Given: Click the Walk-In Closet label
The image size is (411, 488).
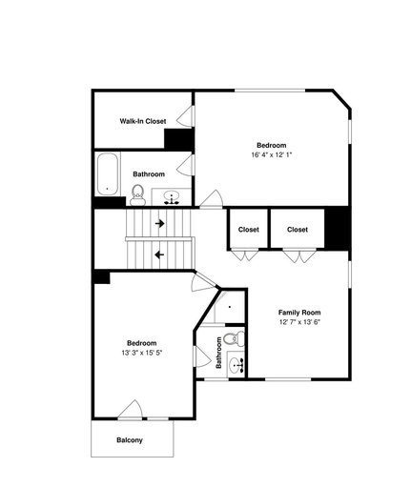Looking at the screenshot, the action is click(143, 121).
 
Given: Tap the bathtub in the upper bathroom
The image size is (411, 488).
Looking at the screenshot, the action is click(108, 174).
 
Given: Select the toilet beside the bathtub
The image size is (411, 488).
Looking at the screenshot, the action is click(137, 195).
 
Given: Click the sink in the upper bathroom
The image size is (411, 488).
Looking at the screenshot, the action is click(172, 198).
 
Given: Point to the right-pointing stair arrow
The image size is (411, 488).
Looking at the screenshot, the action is click(159, 223).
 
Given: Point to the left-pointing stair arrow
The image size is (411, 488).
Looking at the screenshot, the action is click(159, 254).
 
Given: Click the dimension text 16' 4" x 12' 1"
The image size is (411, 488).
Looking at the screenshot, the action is click(272, 155).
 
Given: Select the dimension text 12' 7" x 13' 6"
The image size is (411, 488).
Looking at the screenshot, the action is click(299, 322).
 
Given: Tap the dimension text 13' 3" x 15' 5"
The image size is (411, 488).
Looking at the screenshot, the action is click(142, 353).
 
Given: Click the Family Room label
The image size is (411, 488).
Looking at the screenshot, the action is click(299, 313).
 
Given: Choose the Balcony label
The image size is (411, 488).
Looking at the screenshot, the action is click(130, 440).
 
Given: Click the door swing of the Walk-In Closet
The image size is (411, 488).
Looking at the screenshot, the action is click(185, 115).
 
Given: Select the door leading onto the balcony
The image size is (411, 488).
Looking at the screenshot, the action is click(131, 410).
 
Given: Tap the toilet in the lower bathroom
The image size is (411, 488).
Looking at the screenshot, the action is click(235, 338).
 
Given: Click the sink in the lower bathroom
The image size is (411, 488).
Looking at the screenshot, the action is click(236, 365).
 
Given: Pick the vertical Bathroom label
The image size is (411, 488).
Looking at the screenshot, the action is click(218, 353).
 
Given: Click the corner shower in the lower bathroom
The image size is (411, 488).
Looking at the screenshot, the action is click(229, 307).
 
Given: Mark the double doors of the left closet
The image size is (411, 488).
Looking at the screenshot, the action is click(244, 255).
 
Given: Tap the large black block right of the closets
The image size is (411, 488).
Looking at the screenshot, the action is click(338, 229).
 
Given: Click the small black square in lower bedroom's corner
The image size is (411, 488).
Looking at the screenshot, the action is click(102, 277).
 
